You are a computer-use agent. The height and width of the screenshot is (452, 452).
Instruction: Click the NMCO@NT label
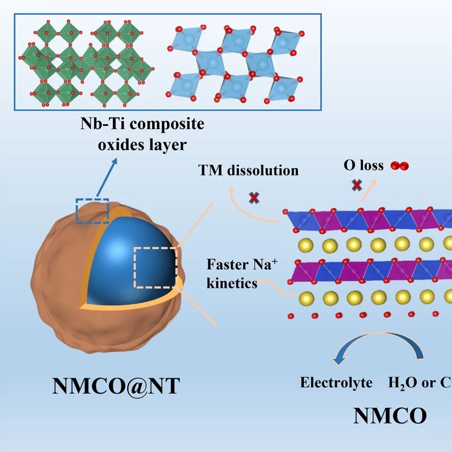click(x=116, y=386)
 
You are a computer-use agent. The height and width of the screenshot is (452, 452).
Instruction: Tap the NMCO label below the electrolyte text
click(x=390, y=416)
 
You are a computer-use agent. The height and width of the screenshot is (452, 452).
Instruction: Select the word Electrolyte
click(x=336, y=382)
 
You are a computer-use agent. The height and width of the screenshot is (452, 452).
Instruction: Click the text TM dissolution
click(x=248, y=170)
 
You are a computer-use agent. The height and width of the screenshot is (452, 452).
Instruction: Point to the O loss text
click(x=363, y=165)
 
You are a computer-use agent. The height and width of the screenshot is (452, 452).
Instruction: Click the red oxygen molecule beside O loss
click(x=400, y=166)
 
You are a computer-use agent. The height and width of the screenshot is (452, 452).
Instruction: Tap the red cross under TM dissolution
click(x=254, y=198)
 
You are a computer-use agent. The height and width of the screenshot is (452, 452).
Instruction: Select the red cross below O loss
click(x=357, y=185)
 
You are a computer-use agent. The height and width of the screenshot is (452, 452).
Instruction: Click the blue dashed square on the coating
click(x=92, y=199)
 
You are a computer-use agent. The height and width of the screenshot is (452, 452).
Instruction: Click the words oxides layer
click(x=142, y=145)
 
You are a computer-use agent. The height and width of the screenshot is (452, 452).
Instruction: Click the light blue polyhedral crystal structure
click(x=235, y=64)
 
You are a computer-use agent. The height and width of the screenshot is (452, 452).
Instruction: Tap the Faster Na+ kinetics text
click(x=242, y=274)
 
